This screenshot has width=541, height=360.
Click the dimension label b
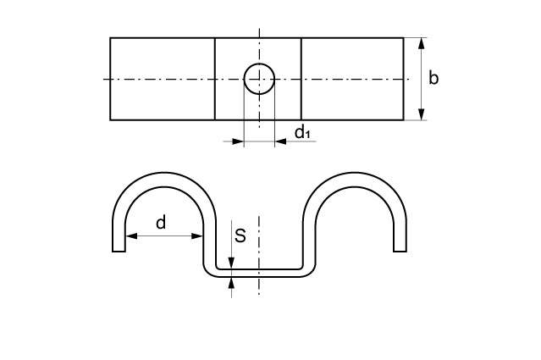[x=433, y=78]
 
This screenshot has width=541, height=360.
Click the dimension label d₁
[x=302, y=132]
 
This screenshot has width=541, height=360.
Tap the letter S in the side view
[x=240, y=235]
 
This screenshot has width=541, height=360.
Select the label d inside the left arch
[x=161, y=223]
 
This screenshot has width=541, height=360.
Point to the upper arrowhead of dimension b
[x=421, y=44]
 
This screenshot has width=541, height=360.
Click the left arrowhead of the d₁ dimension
[x=238, y=141]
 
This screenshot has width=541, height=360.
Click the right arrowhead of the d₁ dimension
[x=281, y=141]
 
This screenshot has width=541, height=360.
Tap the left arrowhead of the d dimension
[x=131, y=236]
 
